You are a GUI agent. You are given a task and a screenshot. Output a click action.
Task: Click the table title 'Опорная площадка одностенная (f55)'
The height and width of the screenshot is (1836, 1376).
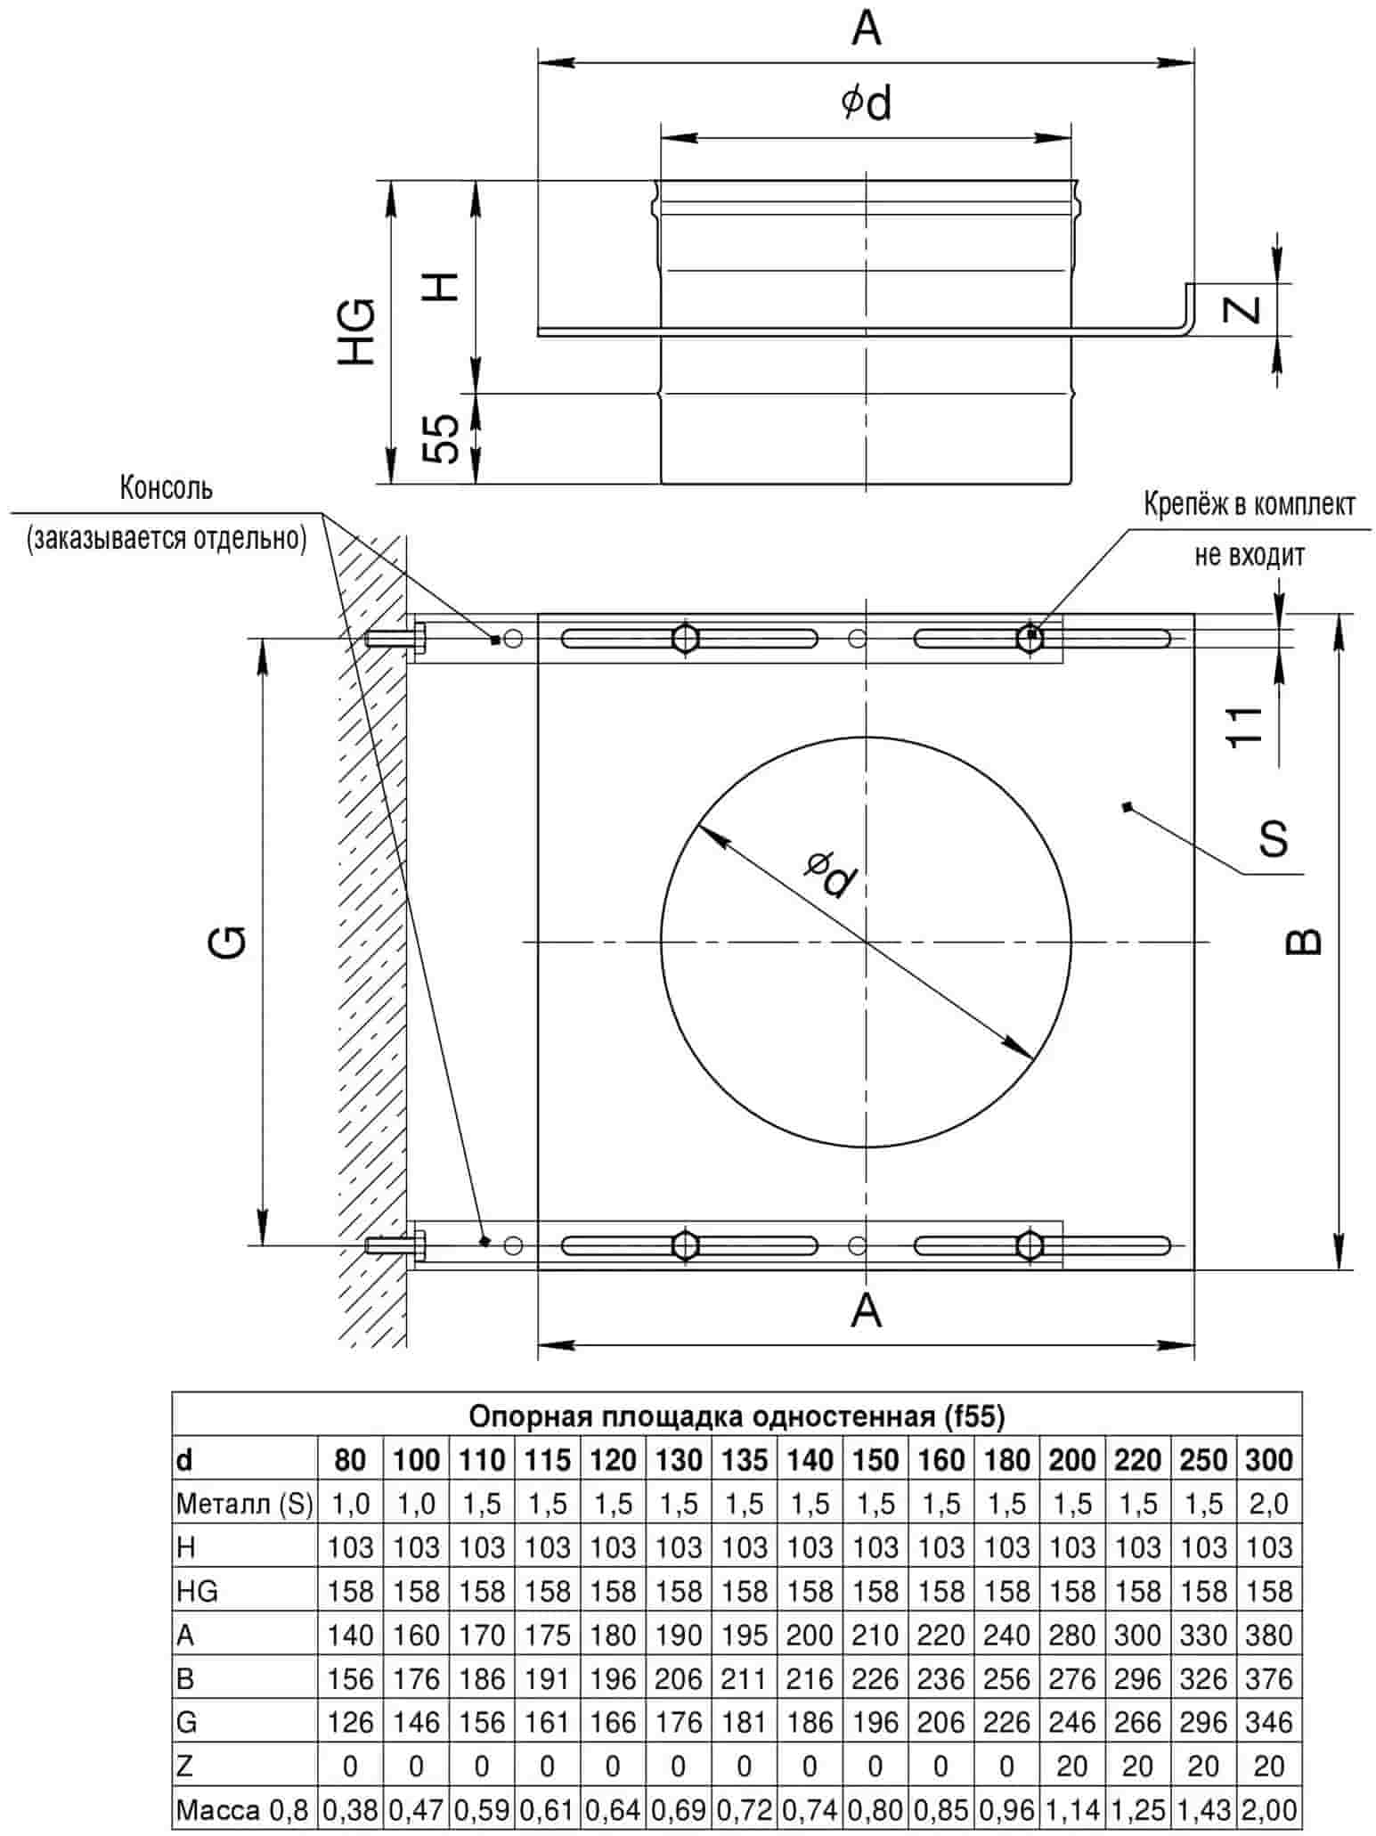point(737,1416)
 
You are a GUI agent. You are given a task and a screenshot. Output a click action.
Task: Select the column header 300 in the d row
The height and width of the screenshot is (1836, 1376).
point(1268,1459)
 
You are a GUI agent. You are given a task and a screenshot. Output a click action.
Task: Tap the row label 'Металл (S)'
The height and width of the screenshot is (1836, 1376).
point(244,1504)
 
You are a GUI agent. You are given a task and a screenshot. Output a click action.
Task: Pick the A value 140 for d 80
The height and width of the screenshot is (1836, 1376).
point(350,1635)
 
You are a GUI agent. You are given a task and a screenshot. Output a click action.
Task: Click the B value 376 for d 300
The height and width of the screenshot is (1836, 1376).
point(1268,1678)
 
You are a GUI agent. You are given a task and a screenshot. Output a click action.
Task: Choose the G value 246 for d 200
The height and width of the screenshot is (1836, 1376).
point(1071,1722)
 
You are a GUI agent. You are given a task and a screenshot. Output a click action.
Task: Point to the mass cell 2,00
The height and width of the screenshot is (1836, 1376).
point(1268,1810)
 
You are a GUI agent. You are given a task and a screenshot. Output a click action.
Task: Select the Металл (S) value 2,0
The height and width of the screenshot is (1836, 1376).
point(1268,1504)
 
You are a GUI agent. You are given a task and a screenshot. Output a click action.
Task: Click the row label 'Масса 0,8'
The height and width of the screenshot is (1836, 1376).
point(241,1810)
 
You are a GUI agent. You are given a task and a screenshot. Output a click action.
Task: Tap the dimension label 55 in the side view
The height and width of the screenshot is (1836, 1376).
point(441,438)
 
